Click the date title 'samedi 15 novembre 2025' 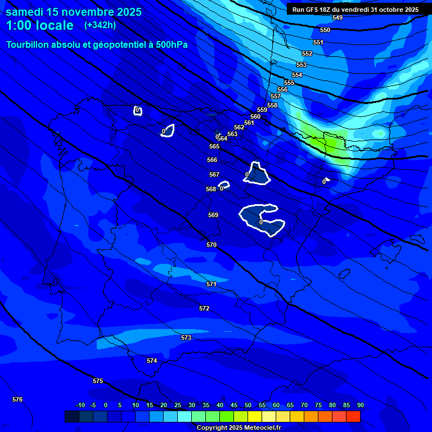(73, 12)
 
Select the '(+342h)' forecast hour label (100, 25)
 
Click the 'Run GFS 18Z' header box (355, 9)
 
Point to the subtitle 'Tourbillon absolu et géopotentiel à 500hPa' (97, 44)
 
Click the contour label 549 (337, 17)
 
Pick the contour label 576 (17, 399)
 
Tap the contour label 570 (211, 245)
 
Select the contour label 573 (186, 337)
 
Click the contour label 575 (98, 381)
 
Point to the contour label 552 (307, 53)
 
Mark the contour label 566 (212, 160)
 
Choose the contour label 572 (204, 308)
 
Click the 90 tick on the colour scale (360, 405)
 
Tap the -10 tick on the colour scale (80, 405)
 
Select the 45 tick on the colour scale (233, 405)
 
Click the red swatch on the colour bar (353, 416)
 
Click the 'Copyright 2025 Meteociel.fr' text (238, 427)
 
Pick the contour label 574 (152, 361)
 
